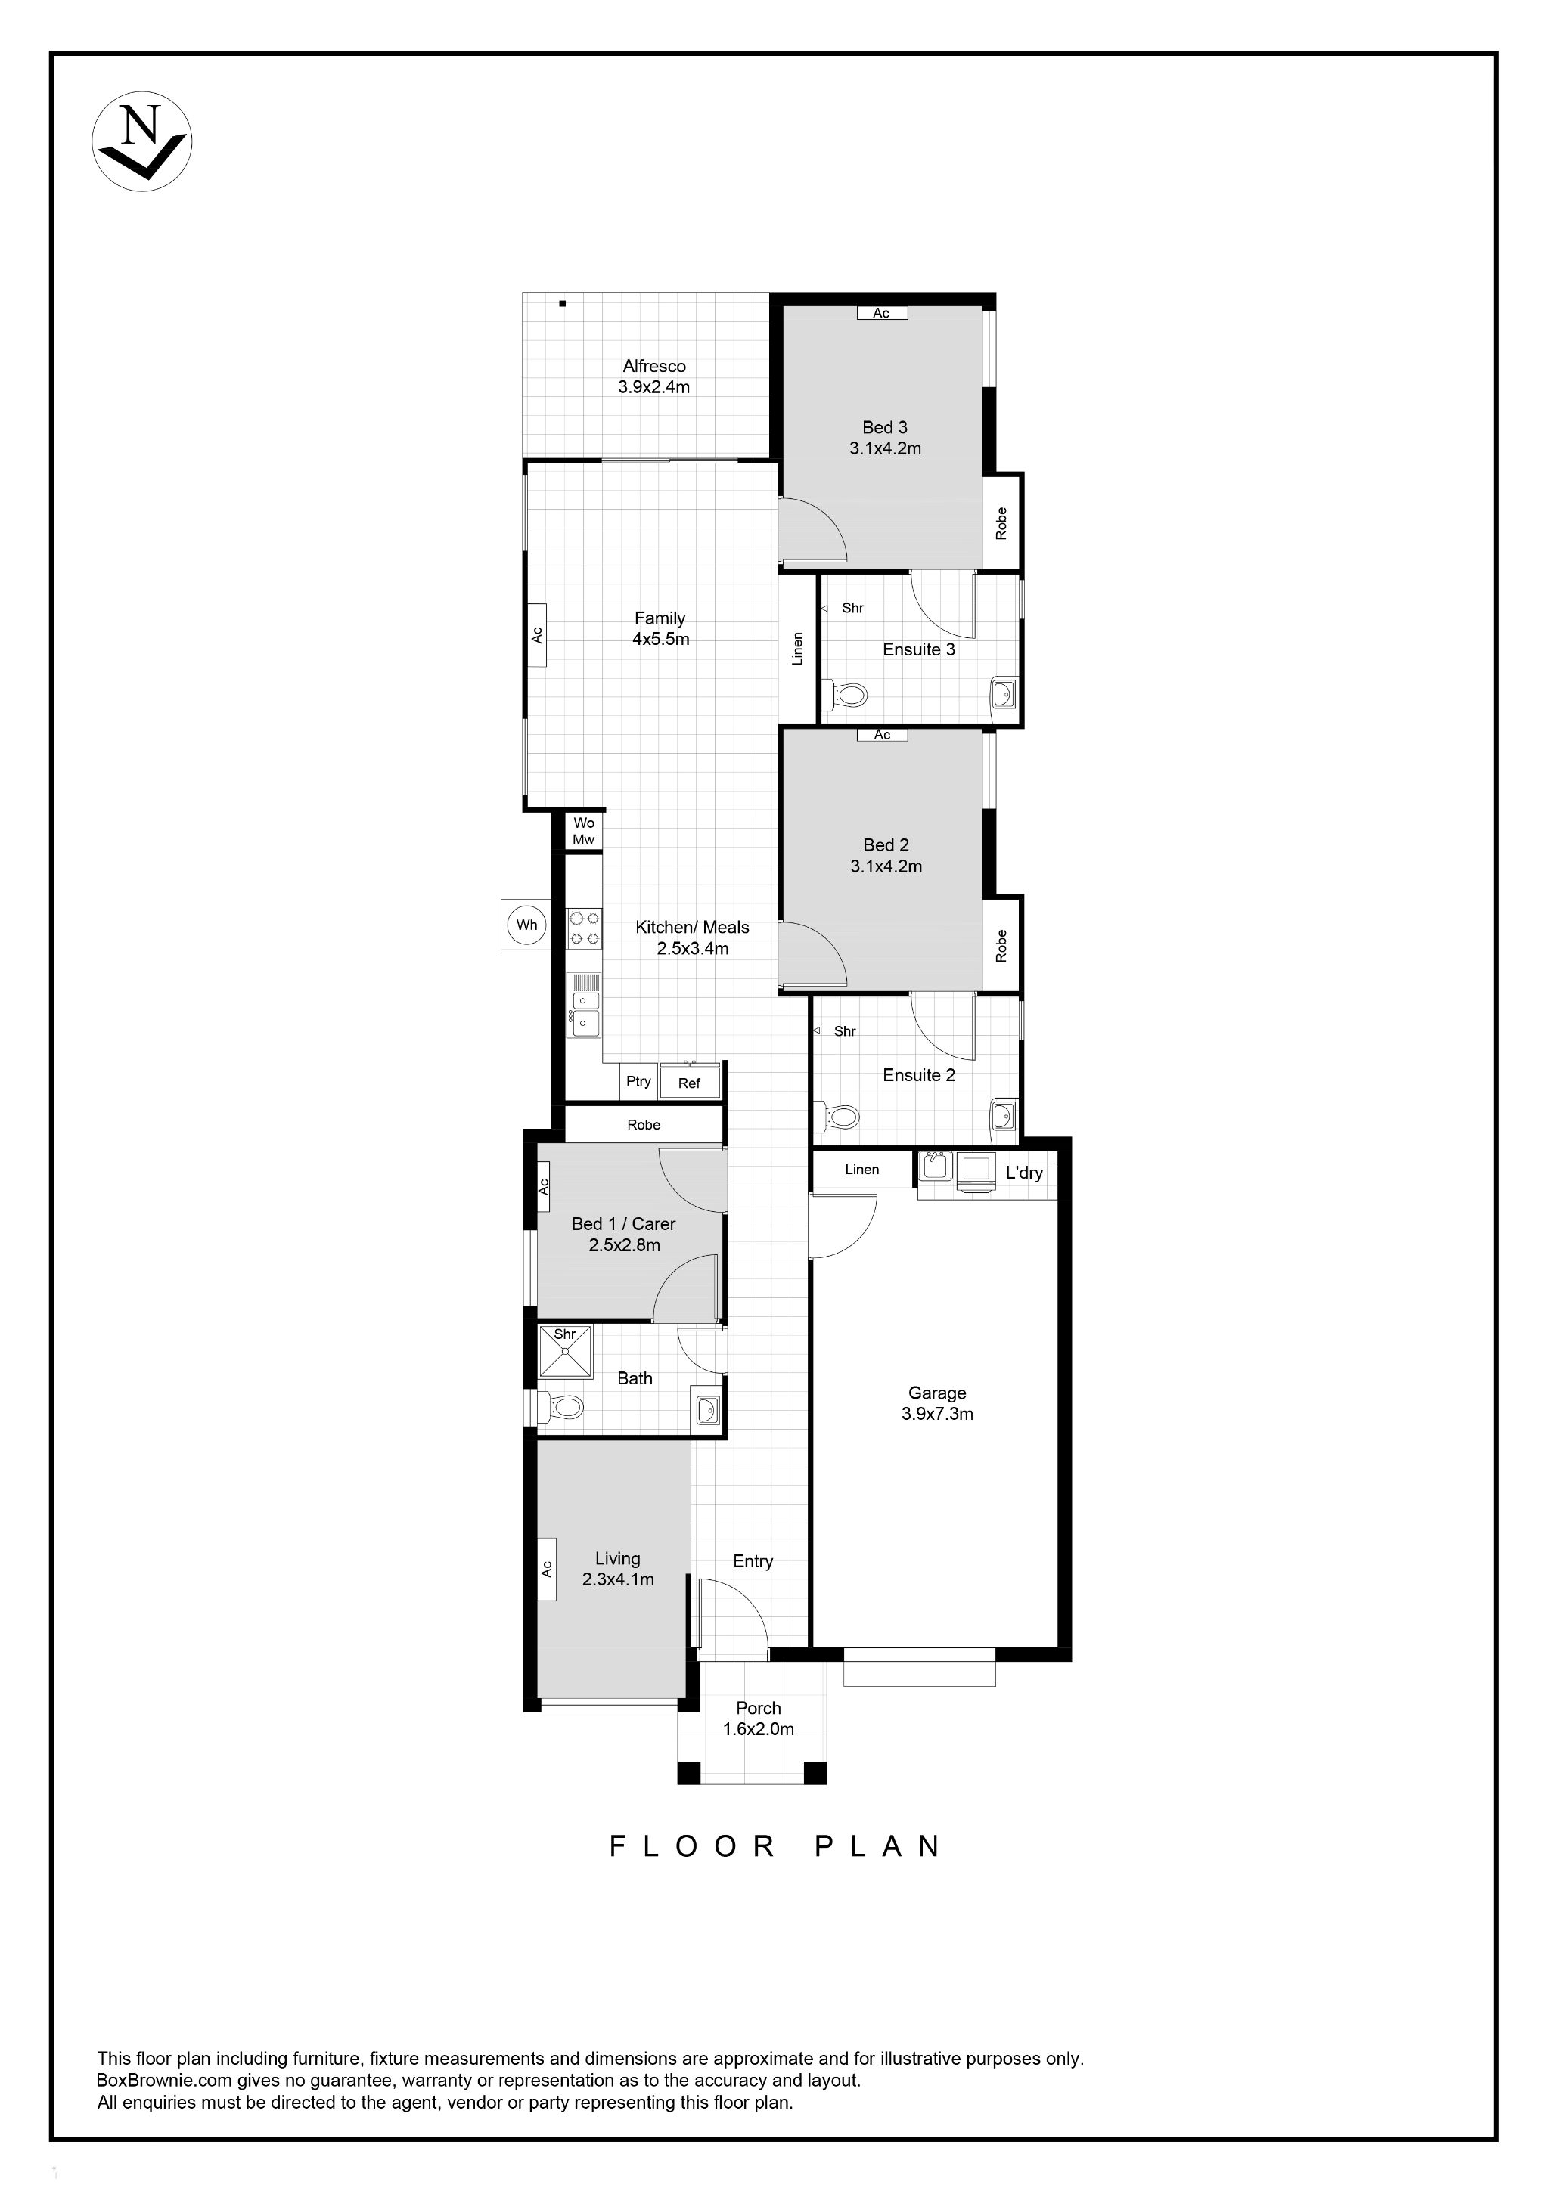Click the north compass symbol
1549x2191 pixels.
[x=142, y=141]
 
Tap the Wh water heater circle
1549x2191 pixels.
[x=526, y=924]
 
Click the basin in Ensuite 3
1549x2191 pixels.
[x=1003, y=692]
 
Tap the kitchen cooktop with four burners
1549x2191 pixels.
[x=584, y=928]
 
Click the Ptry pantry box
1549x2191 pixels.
[x=638, y=1081]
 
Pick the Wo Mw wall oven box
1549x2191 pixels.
[x=583, y=831]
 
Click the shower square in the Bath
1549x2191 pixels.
[x=565, y=1351]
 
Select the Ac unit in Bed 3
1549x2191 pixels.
[x=882, y=313]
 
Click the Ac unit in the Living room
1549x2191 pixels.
[x=547, y=1568]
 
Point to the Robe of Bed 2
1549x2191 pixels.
[x=1001, y=945]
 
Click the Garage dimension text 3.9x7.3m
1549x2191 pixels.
[x=937, y=1415]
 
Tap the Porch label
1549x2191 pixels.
[x=759, y=1708]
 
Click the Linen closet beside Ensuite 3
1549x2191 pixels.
[x=798, y=648]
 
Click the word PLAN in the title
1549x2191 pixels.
[x=878, y=1846]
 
